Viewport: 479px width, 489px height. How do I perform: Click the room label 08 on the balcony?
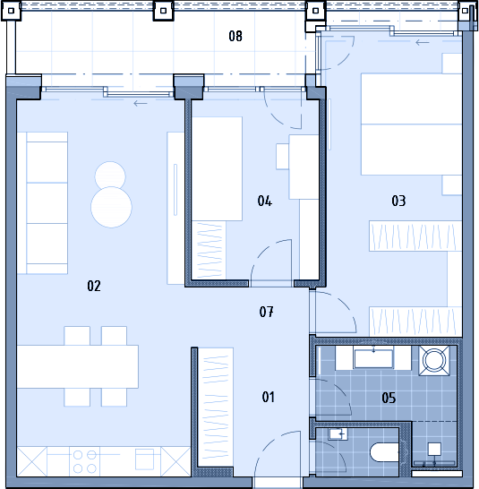point(235,36)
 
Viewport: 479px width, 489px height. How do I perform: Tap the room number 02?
point(94,286)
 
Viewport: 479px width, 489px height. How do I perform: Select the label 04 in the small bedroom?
point(265,201)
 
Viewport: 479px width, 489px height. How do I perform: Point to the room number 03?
point(398,201)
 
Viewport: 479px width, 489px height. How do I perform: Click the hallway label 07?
point(267,312)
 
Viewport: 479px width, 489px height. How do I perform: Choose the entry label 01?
point(269,397)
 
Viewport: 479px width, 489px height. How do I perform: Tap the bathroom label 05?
point(389,398)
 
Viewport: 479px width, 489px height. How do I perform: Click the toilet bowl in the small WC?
point(384,452)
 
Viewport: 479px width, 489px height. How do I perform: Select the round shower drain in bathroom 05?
point(433,361)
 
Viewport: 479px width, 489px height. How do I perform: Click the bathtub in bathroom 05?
point(373,358)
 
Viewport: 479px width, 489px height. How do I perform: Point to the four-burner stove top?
point(84,461)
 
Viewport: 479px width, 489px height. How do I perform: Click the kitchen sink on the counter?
point(144,459)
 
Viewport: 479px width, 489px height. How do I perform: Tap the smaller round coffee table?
point(110,176)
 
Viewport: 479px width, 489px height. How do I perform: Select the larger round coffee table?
point(111,207)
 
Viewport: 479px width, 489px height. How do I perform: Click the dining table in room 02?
point(78,366)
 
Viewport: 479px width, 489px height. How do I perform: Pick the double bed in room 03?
point(411,124)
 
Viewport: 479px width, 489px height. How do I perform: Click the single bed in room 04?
point(217,168)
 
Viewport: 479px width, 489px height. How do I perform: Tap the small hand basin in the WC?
point(338,433)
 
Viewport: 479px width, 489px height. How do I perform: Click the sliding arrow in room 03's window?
point(423,42)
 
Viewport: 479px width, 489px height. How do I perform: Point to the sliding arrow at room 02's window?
point(141,104)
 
